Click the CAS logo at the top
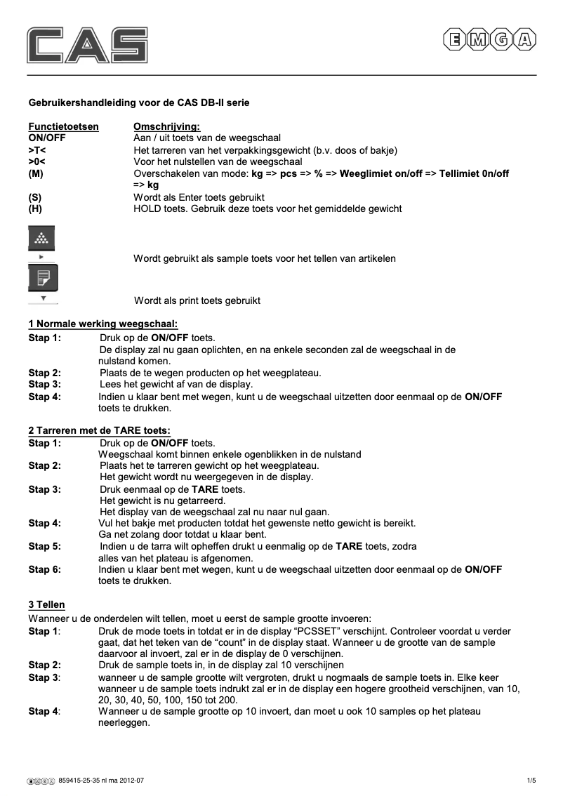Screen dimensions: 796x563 click(87, 44)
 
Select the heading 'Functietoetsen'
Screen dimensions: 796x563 click(63, 127)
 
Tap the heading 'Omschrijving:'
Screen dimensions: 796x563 click(166, 127)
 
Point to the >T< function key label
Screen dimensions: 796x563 click(37, 150)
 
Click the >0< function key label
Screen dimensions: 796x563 click(37, 161)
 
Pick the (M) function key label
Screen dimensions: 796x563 click(36, 173)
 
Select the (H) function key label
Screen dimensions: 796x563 click(35, 208)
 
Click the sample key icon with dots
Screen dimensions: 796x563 click(41, 239)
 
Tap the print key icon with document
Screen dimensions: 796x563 click(42, 278)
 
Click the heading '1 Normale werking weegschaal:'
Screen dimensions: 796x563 click(102, 324)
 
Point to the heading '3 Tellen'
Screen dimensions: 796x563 click(46, 604)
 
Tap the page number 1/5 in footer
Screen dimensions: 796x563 click(531, 780)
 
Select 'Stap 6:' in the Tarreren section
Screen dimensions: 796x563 click(44, 569)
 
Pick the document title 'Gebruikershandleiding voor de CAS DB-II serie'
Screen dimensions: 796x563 click(138, 102)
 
